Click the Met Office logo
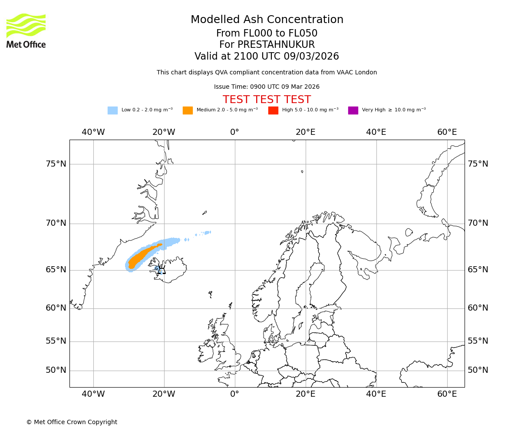tap(26, 30)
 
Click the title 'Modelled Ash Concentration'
tap(267, 20)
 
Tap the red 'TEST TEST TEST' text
tap(267, 100)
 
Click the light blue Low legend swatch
tap(112, 110)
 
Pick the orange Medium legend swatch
tap(188, 110)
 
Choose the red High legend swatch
tap(273, 110)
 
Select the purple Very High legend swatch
tap(353, 110)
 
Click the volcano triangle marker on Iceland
tap(162, 270)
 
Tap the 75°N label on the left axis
tap(56, 164)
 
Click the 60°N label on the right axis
tap(478, 308)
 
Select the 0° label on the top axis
tap(234, 132)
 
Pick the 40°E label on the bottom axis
tap(376, 394)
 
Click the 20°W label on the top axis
tap(164, 132)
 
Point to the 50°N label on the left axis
tap(56, 370)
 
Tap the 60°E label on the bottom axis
tap(447, 394)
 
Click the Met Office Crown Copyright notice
tap(72, 422)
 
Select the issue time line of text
tap(267, 87)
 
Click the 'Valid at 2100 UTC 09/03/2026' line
tap(267, 57)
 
